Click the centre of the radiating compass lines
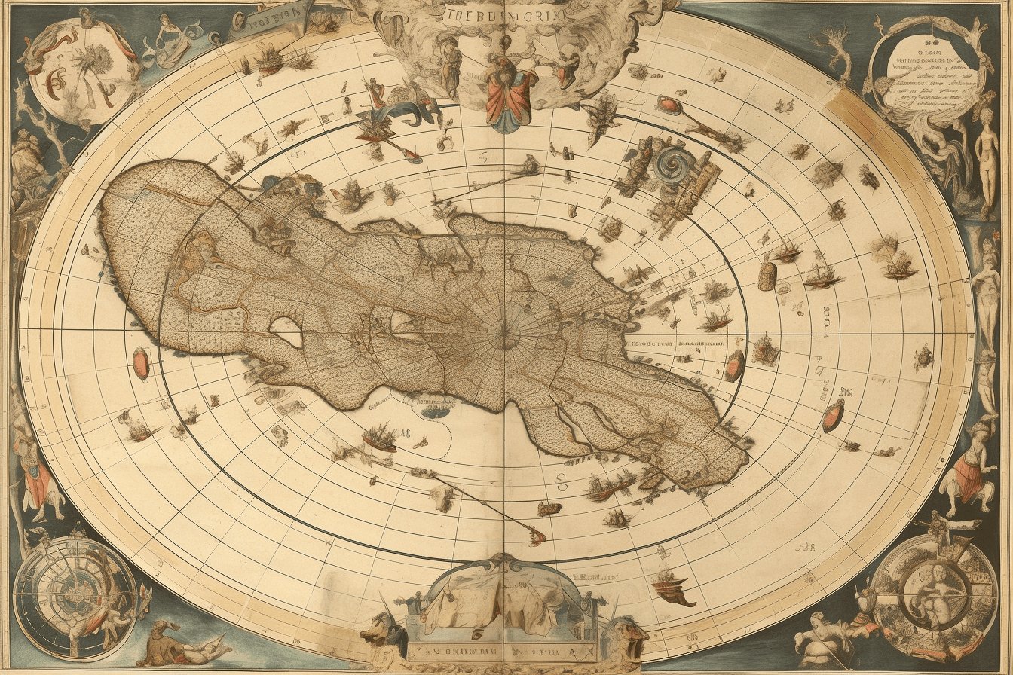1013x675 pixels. click(503, 337)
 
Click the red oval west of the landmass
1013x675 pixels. click(141, 363)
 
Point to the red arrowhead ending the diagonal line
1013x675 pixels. click(537, 537)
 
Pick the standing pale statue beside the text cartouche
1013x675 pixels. click(987, 162)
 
